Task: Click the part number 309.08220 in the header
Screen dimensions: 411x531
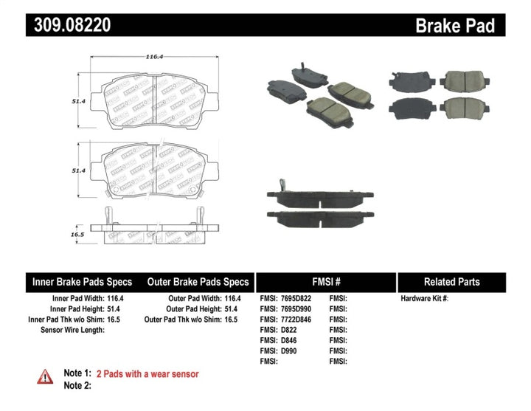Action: pyautogui.click(x=72, y=26)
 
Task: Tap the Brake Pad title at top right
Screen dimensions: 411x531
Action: pyautogui.click(x=454, y=26)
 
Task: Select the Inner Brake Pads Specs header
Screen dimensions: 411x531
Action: pyautogui.click(x=82, y=282)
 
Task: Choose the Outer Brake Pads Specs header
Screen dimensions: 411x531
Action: pyautogui.click(x=198, y=282)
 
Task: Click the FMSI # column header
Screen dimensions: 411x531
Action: pyautogui.click(x=325, y=282)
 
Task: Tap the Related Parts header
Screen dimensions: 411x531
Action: pyautogui.click(x=451, y=282)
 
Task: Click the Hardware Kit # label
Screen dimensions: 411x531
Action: pyautogui.click(x=424, y=298)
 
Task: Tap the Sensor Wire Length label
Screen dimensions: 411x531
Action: pyautogui.click(x=72, y=329)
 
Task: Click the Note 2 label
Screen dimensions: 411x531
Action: pyautogui.click(x=77, y=385)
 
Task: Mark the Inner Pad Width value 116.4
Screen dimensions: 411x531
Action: pyautogui.click(x=114, y=298)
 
